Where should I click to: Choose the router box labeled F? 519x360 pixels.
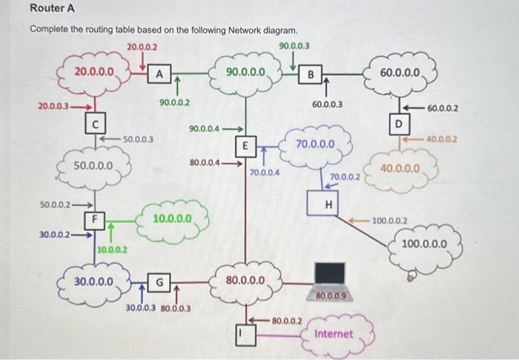(x=93, y=219)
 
